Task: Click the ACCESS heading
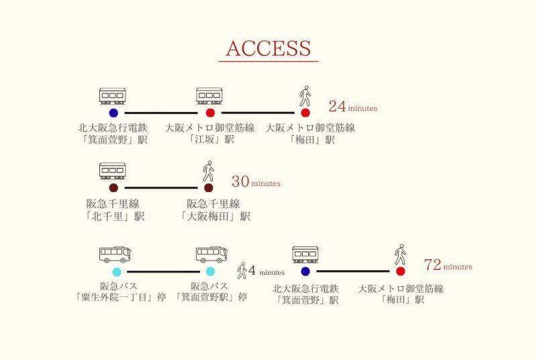(268, 48)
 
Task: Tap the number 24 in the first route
(338, 107)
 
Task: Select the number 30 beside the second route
(240, 181)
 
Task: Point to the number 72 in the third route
(432, 265)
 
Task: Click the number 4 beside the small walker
(252, 271)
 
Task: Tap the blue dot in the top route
(113, 113)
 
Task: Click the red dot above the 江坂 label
(210, 113)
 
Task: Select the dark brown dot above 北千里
(113, 187)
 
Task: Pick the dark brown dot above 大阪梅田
(209, 187)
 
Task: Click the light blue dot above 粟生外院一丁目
(117, 272)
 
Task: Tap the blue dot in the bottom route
(305, 271)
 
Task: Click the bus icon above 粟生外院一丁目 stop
(115, 255)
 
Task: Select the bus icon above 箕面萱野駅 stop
(211, 255)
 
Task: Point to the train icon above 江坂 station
(209, 96)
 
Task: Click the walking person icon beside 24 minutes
(305, 96)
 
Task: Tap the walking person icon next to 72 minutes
(400, 255)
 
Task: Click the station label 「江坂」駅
(211, 140)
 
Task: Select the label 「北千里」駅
(114, 216)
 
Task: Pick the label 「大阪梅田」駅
(215, 216)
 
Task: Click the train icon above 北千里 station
(113, 171)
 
